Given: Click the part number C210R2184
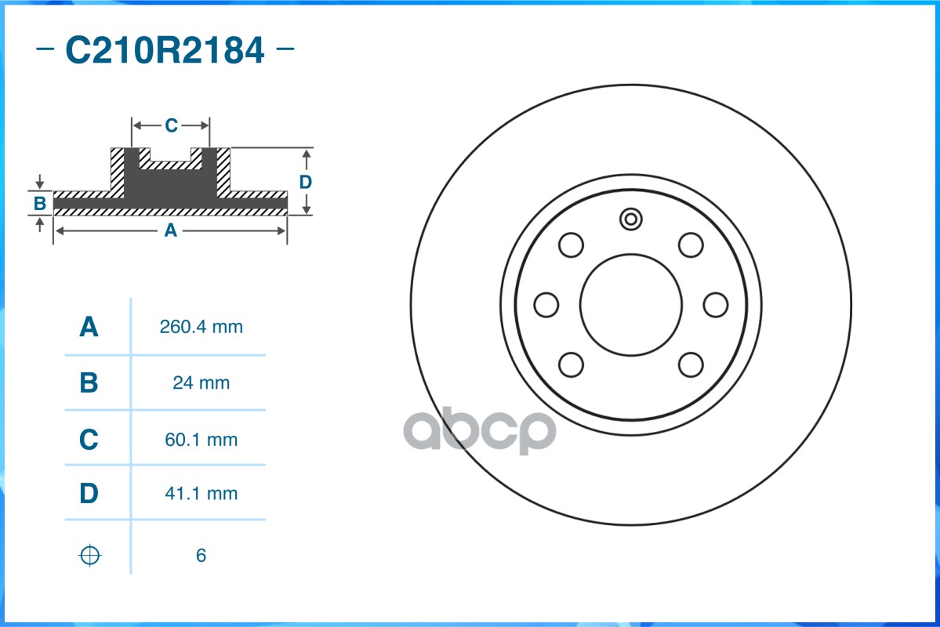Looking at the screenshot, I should [165, 51].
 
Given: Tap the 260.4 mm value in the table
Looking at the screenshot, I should [201, 327].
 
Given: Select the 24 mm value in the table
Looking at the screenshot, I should [201, 383].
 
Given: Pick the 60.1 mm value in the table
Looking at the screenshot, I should [201, 440].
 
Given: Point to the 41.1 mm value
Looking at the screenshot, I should [201, 494].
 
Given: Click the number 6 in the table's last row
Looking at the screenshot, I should [201, 556].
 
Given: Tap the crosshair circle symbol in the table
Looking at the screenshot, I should [90, 556].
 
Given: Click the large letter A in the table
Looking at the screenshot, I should [89, 327].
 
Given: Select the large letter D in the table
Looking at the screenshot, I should [89, 494].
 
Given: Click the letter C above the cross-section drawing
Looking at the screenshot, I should [171, 125].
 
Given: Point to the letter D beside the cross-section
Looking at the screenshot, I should [306, 182].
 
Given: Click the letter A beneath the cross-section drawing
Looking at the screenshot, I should [170, 230].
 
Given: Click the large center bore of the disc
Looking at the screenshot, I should [631, 304].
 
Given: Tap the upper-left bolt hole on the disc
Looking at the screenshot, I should [572, 245].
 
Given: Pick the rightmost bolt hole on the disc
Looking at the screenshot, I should [716, 304].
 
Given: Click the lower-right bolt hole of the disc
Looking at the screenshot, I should [691, 364].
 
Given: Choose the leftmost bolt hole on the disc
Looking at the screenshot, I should [546, 304].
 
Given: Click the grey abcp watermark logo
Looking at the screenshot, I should [480, 430].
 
